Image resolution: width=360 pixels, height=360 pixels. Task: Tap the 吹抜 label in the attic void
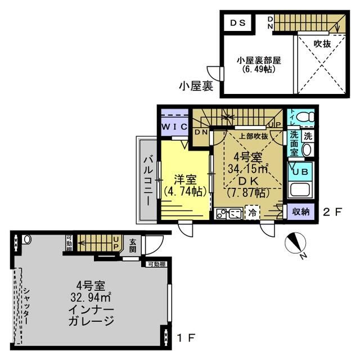[x=322, y=43]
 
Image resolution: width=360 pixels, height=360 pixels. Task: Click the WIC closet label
[x=174, y=127]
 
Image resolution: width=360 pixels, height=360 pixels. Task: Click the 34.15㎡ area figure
[x=247, y=168]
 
